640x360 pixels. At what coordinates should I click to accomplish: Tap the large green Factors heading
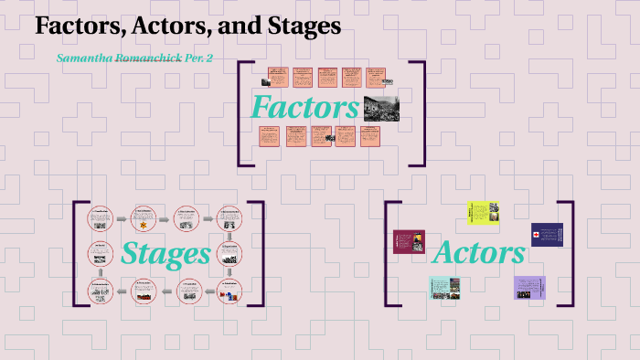coord(305,107)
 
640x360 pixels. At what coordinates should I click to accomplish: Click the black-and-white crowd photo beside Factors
coord(381,108)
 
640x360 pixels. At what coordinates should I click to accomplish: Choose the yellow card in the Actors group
coord(484,212)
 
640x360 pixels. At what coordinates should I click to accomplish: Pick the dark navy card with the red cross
coord(546,235)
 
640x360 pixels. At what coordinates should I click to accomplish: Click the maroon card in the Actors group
coord(409,242)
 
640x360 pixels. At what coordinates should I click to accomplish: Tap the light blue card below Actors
coord(444,287)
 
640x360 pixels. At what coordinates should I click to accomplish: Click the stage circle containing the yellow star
coord(144,219)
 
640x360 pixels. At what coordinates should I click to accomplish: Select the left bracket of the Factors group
coord(242,113)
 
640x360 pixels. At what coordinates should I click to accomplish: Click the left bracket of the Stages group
coord(77,254)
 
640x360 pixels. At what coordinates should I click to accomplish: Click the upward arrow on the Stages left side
coord(100,271)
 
